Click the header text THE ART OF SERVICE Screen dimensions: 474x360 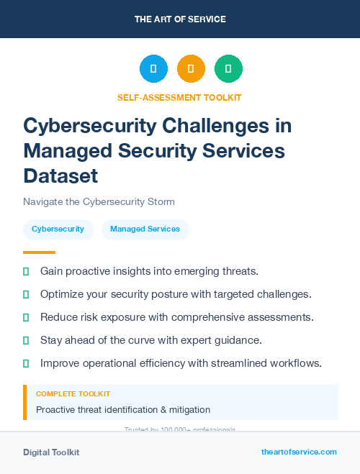pyautogui.click(x=180, y=19)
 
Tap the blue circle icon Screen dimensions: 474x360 pyautogui.click(x=153, y=69)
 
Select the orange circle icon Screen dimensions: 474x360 pyautogui.click(x=191, y=69)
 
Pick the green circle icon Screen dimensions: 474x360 pyautogui.click(x=228, y=69)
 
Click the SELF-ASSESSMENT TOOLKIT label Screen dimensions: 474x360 pyautogui.click(x=179, y=97)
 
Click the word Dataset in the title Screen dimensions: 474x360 pyautogui.click(x=60, y=176)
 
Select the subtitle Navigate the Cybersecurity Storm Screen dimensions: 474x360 pyautogui.click(x=99, y=201)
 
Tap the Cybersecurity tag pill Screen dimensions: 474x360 pyautogui.click(x=58, y=229)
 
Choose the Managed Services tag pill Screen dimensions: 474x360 pyautogui.click(x=145, y=229)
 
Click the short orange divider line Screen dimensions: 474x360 pyautogui.click(x=39, y=252)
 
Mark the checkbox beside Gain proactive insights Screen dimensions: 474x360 pyautogui.click(x=26, y=271)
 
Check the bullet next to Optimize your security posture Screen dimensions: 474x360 pyautogui.click(x=26, y=294)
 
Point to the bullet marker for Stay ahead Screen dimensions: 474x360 pyautogui.click(x=26, y=340)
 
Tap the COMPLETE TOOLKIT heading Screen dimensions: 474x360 pyautogui.click(x=73, y=394)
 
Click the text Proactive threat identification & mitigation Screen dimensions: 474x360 pyautogui.click(x=123, y=410)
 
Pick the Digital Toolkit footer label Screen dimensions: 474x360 pyautogui.click(x=51, y=452)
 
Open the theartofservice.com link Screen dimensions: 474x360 pyautogui.click(x=299, y=452)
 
